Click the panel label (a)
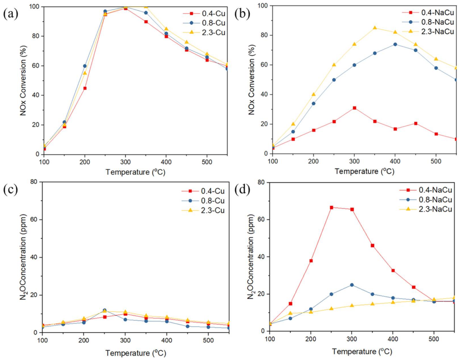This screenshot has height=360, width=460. tap(11, 14)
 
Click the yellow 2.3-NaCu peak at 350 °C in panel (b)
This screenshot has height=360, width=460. tap(375, 28)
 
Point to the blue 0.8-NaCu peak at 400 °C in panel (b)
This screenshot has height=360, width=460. tap(395, 44)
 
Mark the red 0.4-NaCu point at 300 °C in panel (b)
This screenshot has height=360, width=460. tap(355, 108)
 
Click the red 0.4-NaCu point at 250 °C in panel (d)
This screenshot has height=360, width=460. tap(332, 207)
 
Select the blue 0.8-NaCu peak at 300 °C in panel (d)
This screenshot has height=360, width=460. tap(352, 285)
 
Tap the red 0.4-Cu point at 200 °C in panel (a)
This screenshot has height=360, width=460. tap(85, 88)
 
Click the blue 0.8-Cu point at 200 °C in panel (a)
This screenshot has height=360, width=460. tap(85, 66)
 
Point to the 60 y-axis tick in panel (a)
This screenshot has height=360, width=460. tap(36, 66)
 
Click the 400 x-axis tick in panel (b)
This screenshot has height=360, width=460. tap(395, 161)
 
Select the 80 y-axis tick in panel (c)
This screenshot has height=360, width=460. tap(34, 182)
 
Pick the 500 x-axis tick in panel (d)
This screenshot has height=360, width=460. tap(434, 339)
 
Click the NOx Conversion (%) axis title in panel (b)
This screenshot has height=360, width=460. tap(251, 80)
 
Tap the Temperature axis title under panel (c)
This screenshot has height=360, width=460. tap(136, 353)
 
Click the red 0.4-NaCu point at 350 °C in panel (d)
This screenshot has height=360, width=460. tap(372, 246)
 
